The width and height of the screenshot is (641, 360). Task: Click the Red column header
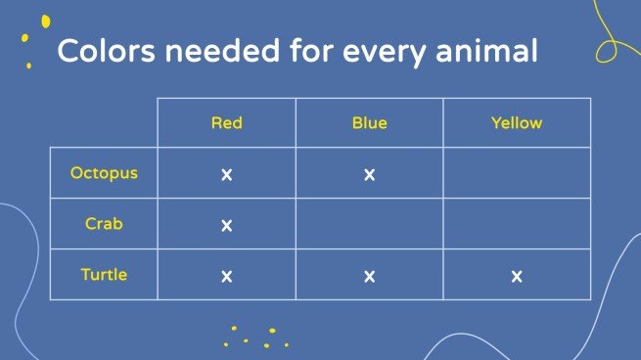226,123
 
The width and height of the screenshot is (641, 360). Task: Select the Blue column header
370,123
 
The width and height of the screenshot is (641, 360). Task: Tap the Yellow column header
517,123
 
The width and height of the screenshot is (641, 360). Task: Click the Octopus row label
104,173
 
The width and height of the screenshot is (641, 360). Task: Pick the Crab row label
104,224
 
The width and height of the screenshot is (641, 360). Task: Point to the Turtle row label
104,275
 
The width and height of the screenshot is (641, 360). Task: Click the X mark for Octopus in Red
226,175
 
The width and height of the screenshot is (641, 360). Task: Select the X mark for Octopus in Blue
370,175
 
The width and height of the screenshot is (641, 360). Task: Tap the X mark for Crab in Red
226,226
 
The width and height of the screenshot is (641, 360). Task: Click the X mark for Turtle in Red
226,277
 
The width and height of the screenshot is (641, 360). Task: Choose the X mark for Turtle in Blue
370,277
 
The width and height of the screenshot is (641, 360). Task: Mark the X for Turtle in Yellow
517,277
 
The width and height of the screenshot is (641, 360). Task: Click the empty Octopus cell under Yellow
517,173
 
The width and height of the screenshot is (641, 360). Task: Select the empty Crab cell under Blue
370,223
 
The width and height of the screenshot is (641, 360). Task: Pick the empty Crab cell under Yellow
517,223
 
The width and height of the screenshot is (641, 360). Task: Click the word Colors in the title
107,51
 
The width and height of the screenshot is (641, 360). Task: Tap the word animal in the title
486,51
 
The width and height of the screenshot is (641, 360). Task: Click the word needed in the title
222,50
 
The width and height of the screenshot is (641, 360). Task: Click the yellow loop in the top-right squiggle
606,52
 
